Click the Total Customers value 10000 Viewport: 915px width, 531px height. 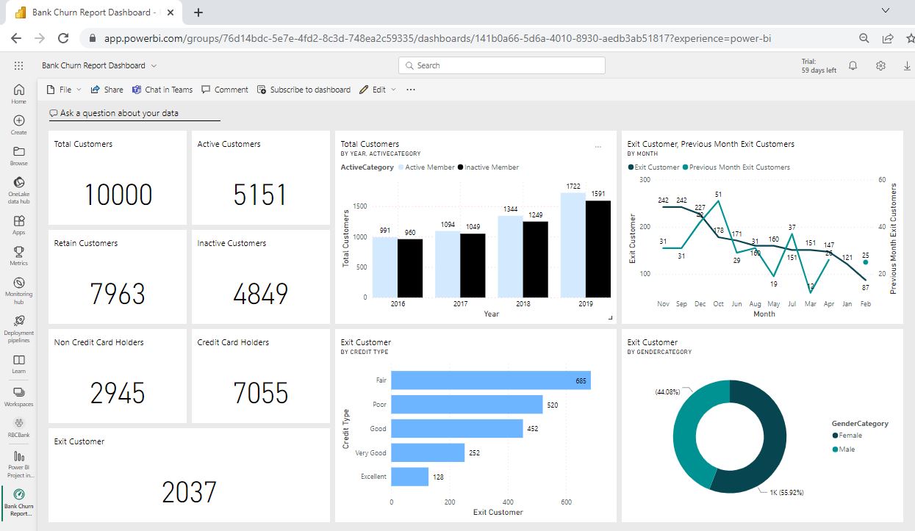tap(118, 195)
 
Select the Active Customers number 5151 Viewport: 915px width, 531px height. tap(260, 195)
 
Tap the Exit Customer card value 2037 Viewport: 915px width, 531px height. tap(189, 492)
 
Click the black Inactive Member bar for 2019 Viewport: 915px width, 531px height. tap(598, 249)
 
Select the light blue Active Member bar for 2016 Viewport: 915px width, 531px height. tap(384, 267)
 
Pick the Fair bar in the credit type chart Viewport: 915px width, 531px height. tap(490, 380)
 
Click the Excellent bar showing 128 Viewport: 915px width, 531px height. tap(409, 477)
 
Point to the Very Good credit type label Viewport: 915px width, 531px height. tap(370, 453)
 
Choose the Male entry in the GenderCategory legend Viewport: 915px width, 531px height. tap(847, 449)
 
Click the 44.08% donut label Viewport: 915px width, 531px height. tap(667, 392)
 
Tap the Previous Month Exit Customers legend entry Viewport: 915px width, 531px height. tap(739, 167)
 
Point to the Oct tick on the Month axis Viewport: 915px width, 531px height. tap(718, 304)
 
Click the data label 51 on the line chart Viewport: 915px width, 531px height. tap(718, 195)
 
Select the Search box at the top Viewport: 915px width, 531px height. tap(502, 65)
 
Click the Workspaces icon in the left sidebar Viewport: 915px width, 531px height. tap(18, 396)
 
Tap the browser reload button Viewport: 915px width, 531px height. tap(63, 38)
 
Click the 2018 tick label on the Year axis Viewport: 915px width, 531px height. tap(523, 304)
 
